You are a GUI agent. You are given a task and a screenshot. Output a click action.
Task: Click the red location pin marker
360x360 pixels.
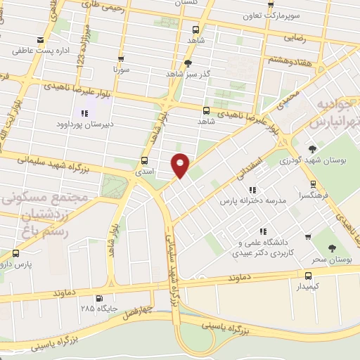tap(181, 165)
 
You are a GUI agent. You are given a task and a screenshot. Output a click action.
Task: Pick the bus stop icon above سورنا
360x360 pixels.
tap(121, 59)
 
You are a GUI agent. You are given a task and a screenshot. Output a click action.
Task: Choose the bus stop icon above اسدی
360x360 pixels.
tap(145, 160)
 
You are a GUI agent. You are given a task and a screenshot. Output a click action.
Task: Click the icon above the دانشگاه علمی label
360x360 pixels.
tap(263, 231)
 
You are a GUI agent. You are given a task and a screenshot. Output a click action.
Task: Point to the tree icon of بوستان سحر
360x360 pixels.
tap(332, 247)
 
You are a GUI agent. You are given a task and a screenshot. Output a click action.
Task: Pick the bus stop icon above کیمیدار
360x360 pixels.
tap(308, 276)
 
